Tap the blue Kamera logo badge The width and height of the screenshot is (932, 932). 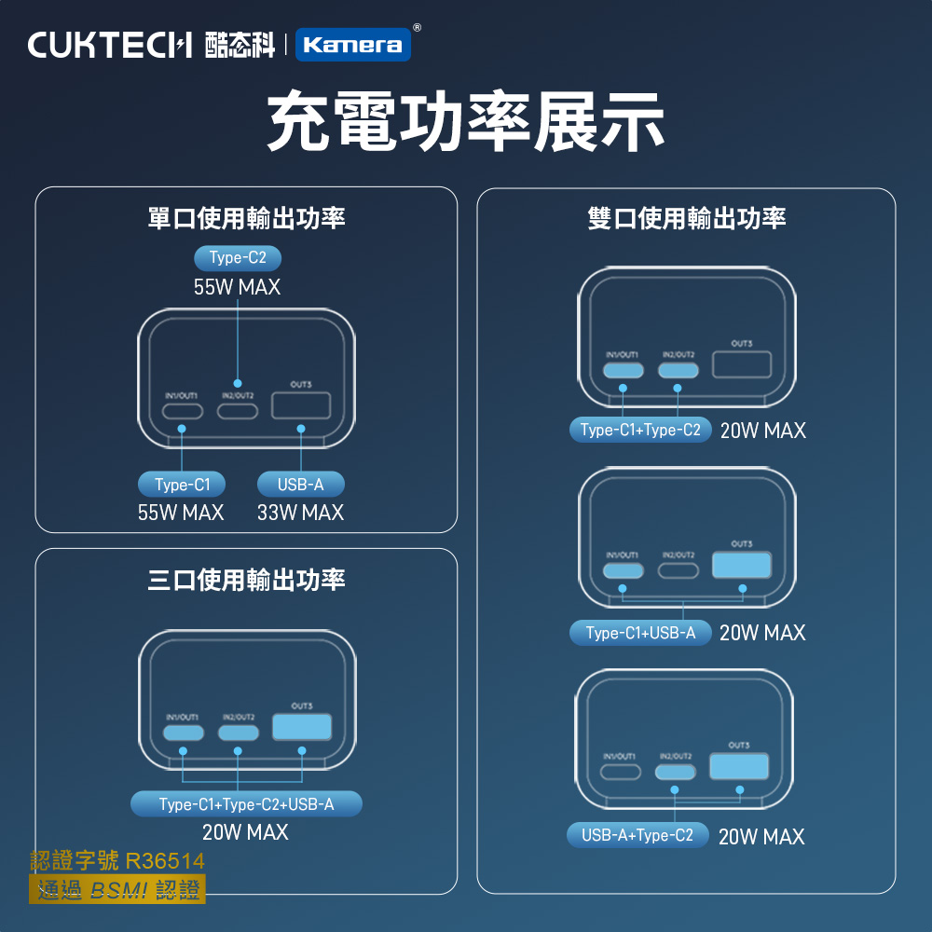tap(353, 45)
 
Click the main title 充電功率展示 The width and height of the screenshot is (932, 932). tap(465, 122)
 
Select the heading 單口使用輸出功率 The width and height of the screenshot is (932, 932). tap(246, 219)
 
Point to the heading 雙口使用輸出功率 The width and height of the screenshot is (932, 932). tap(686, 219)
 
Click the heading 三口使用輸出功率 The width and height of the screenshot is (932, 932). tap(246, 581)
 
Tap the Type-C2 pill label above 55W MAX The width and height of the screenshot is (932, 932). tap(237, 258)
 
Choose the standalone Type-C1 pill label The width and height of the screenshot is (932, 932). tap(182, 485)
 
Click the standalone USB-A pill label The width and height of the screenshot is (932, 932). tap(300, 485)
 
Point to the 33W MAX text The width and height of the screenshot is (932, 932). tap(300, 513)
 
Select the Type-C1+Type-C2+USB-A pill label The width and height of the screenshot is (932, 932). tap(246, 803)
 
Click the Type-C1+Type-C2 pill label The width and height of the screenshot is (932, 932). tap(640, 430)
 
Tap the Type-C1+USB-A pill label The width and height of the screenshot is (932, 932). tap(640, 633)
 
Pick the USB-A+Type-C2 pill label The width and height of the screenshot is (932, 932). tap(637, 835)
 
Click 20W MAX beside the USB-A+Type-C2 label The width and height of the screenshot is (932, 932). tap(761, 837)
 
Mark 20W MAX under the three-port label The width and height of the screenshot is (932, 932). tap(245, 832)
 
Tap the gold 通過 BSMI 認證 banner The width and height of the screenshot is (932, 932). tap(118, 889)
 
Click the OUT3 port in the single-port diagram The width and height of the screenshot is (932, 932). tap(300, 405)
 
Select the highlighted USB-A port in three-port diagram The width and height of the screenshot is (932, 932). tap(301, 727)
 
